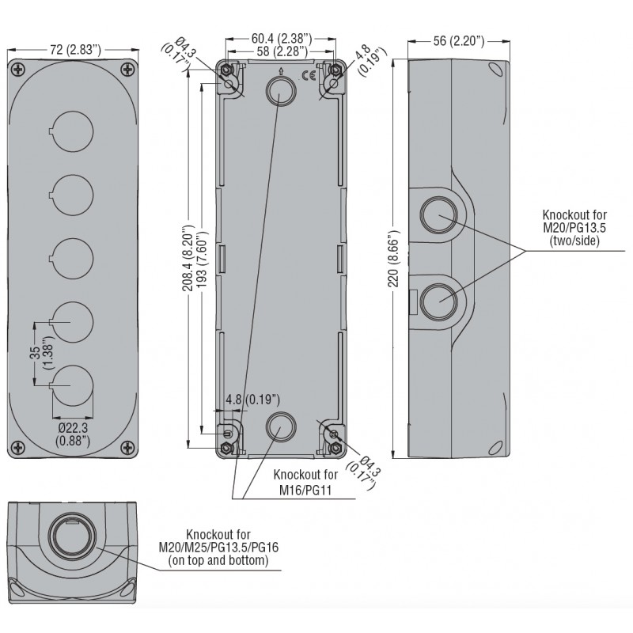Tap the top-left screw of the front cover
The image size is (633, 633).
pyautogui.click(x=19, y=69)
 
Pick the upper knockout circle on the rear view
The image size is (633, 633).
pyautogui.click(x=279, y=93)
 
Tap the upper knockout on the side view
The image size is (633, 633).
pyautogui.click(x=437, y=213)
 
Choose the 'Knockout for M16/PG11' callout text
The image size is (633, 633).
pyautogui.click(x=305, y=482)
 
